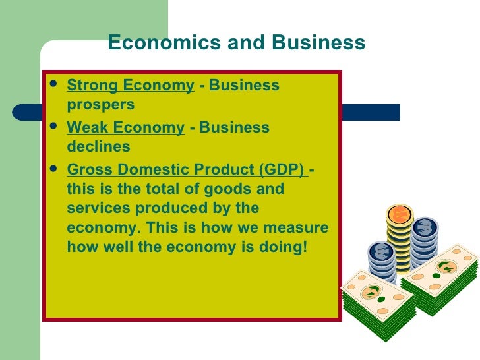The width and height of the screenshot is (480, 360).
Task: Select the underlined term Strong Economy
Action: coord(131,86)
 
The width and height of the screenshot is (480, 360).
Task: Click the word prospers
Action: coord(101,105)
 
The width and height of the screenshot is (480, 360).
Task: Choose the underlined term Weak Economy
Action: coord(125,127)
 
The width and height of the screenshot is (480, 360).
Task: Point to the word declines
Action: coord(98,146)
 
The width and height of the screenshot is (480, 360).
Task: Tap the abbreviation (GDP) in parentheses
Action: coord(282,169)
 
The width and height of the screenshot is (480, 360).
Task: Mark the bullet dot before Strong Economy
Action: coord(53,84)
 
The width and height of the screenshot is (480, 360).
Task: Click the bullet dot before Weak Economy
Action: coord(53,126)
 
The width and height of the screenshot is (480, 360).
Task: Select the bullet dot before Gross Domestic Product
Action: coord(53,168)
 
